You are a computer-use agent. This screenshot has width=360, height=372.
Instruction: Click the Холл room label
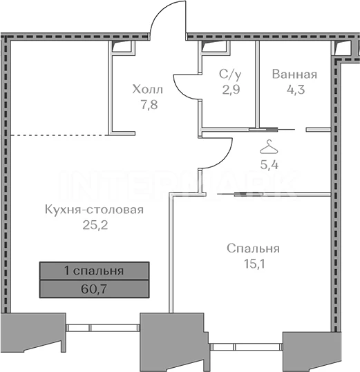[x=147, y=90]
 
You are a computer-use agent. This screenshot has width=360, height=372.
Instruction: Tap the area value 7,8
[x=149, y=105]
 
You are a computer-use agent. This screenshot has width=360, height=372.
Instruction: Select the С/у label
[x=230, y=75]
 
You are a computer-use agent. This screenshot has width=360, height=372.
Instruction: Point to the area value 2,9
[x=231, y=90]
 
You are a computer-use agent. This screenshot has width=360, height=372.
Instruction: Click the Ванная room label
[x=294, y=75]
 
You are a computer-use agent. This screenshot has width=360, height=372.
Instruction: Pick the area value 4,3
[x=296, y=90]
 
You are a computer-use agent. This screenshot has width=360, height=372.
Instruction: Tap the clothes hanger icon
[x=269, y=147]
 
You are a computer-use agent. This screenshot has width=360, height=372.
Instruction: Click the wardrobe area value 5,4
[x=269, y=164]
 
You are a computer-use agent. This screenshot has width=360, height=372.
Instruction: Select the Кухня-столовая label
[x=94, y=210]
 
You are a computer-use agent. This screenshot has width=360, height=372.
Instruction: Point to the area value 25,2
[x=95, y=225]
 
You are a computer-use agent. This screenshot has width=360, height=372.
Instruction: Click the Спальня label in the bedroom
[x=253, y=248]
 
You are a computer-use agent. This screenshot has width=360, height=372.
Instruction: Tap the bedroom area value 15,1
[x=254, y=264]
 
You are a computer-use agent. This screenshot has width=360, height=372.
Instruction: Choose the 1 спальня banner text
[x=94, y=271]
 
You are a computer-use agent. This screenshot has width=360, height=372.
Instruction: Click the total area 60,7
[x=94, y=289]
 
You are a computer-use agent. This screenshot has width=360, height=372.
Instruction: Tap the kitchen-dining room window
[x=102, y=328]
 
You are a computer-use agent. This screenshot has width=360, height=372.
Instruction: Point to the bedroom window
[x=246, y=346]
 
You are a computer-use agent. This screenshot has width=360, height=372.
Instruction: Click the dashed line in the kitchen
[x=59, y=135]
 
